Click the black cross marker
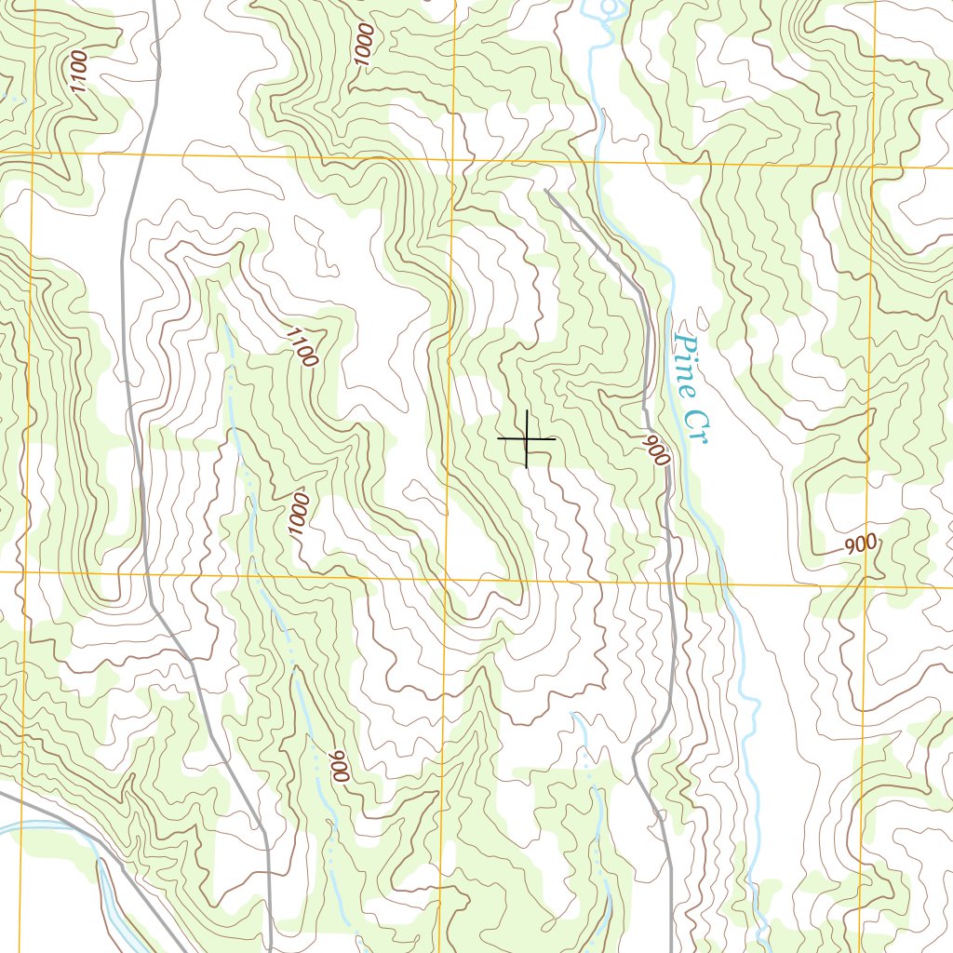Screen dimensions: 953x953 [x=527, y=438]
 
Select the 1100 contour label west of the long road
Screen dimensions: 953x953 [x=78, y=71]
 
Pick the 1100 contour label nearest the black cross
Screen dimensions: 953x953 [x=302, y=347]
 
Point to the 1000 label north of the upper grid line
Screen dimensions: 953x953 [x=364, y=44]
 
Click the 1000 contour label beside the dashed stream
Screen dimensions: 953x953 [x=298, y=514]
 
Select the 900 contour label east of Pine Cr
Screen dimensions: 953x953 [x=862, y=545]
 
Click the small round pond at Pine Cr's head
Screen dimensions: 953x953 [x=610, y=9]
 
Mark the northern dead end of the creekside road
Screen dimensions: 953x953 [x=546, y=191]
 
